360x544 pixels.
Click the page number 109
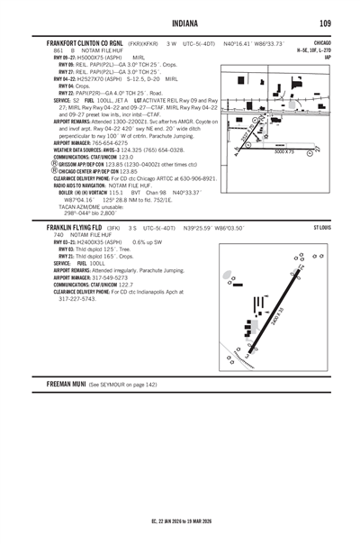tap(325, 23)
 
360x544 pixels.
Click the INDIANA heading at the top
tap(180, 23)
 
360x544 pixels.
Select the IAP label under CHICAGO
tap(328, 57)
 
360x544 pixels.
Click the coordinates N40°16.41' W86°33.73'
tap(253, 43)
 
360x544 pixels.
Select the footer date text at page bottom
tap(180, 521)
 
